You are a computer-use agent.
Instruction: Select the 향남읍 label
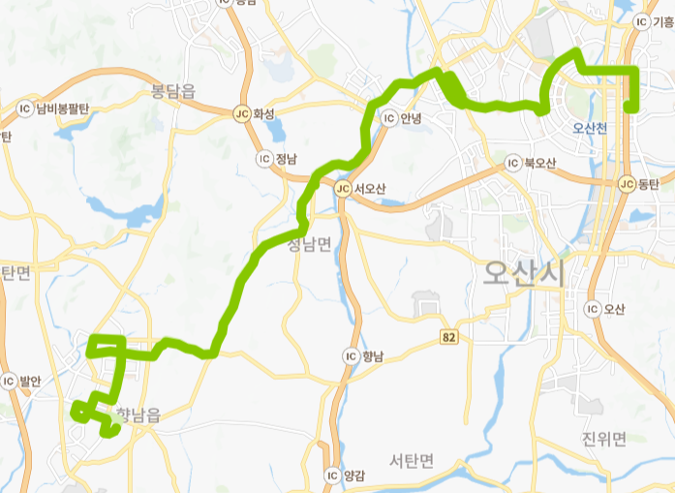click(x=138, y=415)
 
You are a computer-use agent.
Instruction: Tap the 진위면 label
click(x=604, y=439)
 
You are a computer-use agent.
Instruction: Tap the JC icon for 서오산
click(x=343, y=188)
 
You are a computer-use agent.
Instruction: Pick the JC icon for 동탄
click(x=626, y=183)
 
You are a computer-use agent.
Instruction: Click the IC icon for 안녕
click(x=389, y=119)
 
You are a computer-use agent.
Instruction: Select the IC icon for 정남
click(x=263, y=158)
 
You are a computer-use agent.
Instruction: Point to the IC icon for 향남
click(x=351, y=355)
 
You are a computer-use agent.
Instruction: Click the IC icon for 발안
click(x=9, y=381)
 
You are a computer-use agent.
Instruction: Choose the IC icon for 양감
click(x=332, y=476)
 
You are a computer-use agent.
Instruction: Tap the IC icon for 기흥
click(x=641, y=20)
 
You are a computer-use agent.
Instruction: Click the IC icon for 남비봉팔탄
click(x=24, y=108)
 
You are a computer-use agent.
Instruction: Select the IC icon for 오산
click(x=592, y=309)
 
